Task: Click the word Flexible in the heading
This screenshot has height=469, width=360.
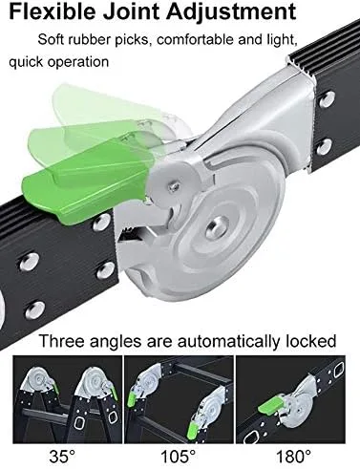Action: tap(53, 11)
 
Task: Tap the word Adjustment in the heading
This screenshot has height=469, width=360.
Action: tap(231, 12)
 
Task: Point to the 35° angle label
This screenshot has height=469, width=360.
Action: tap(62, 456)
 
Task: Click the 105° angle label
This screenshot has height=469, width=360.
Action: tap(179, 456)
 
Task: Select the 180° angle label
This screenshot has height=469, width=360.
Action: tap(293, 456)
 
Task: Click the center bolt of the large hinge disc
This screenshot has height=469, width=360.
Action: tap(218, 226)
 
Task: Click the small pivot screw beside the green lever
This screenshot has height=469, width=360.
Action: tap(175, 185)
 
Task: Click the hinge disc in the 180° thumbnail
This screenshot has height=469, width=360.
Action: tap(297, 408)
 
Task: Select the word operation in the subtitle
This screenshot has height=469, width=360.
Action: tap(78, 62)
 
